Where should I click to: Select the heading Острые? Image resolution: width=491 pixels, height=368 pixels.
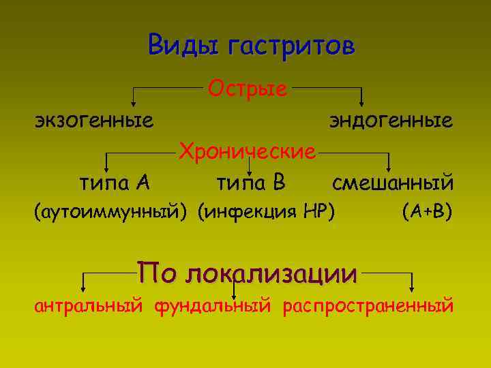247,88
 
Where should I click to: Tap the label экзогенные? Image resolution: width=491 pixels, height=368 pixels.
94,121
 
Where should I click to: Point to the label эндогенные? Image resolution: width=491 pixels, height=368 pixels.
391,121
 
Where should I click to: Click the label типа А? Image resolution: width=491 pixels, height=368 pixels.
115,182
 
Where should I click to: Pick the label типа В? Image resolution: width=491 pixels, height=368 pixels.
250,182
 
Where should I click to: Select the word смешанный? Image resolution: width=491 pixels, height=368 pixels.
393,182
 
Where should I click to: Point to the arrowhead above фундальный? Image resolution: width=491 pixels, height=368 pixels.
234,294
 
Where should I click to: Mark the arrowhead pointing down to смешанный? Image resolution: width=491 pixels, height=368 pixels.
389,168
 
